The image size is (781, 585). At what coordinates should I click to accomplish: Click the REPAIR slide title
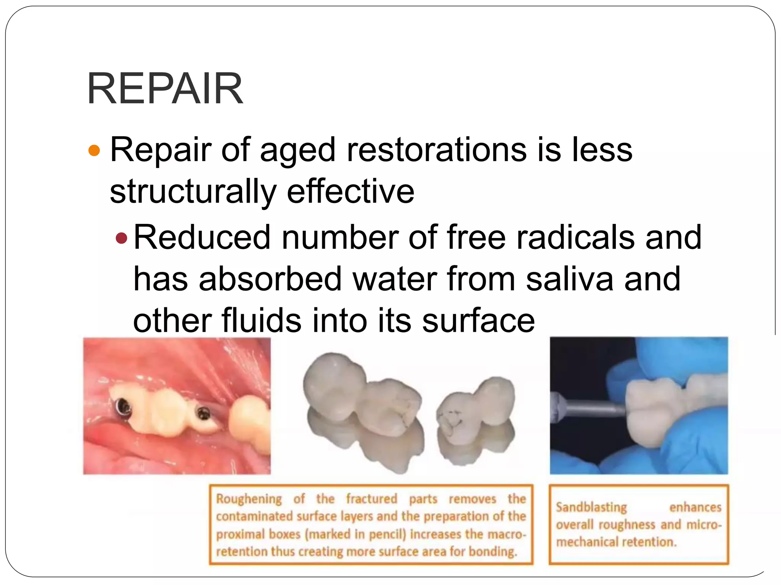coord(165,89)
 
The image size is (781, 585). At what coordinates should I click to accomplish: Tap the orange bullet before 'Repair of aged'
coord(94,151)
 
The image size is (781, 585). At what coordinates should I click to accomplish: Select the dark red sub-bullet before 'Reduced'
coord(121,238)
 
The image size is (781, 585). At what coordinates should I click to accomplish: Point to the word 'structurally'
coord(193,192)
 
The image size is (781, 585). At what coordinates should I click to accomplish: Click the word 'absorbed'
coord(270,280)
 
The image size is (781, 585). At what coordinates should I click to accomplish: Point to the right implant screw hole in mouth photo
coord(202,413)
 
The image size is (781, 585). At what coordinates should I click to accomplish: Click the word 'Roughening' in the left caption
coord(249,499)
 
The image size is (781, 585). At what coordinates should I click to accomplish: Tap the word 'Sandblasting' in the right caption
coord(591,507)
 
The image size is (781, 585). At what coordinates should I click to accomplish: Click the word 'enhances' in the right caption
coord(695,507)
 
